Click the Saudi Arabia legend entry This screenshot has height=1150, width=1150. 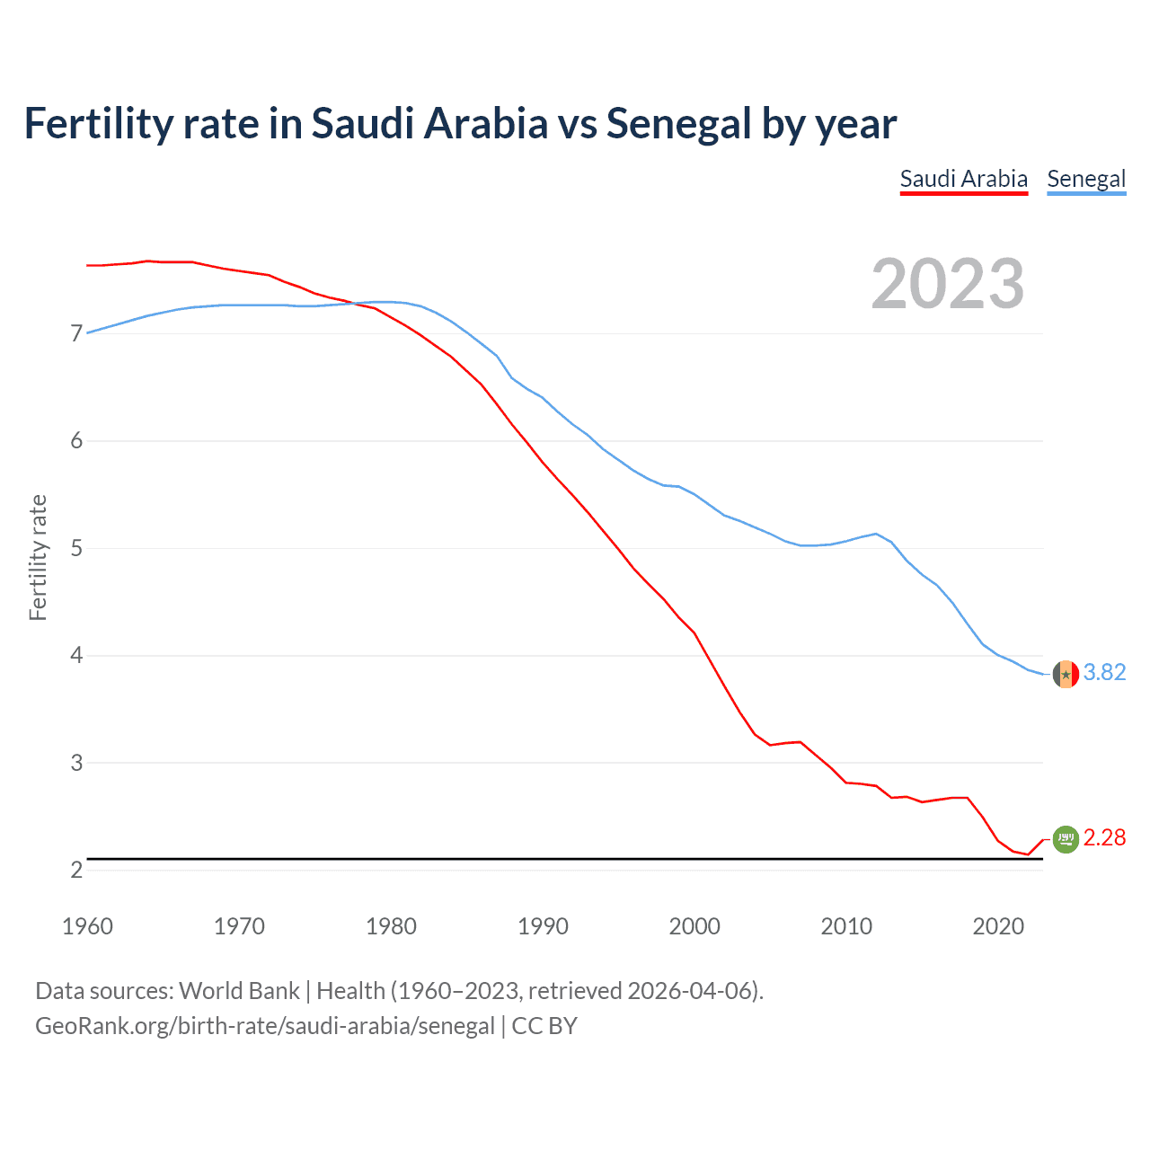click(963, 179)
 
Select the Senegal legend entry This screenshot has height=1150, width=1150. click(1086, 179)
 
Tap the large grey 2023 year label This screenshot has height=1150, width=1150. click(948, 284)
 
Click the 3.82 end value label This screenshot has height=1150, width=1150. click(1104, 672)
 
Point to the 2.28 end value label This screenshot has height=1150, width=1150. click(1104, 837)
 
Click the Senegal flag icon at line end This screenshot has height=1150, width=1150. click(1066, 673)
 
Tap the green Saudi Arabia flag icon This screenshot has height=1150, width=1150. click(1066, 838)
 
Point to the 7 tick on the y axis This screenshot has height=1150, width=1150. click(76, 334)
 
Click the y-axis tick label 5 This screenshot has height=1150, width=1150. click(76, 548)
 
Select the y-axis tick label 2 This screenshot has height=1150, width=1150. click(76, 870)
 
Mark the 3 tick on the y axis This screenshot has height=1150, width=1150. click(76, 763)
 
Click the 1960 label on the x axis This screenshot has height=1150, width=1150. click(87, 926)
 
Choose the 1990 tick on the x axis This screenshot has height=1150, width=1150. click(543, 926)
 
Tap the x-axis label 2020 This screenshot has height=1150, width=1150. click(998, 926)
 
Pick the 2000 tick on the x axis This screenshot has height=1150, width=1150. click(694, 926)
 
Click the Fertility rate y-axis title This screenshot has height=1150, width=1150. click(38, 557)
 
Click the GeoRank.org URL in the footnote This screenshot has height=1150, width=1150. click(265, 1026)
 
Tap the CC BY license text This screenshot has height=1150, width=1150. click(544, 1026)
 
